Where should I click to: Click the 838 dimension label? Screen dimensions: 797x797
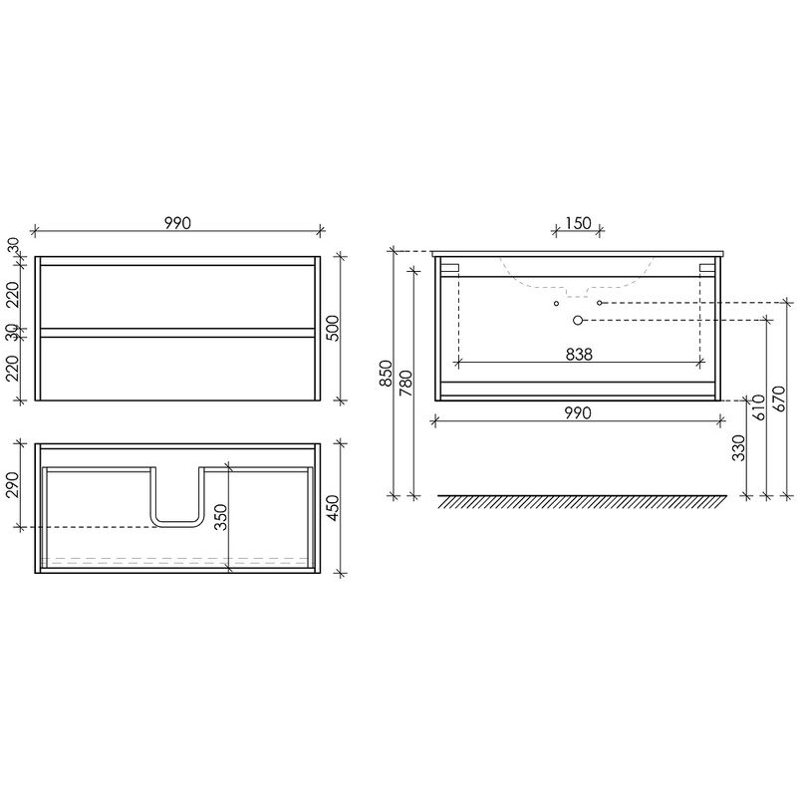579,355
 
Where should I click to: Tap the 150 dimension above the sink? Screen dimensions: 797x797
579,223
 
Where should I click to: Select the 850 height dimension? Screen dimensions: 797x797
387,373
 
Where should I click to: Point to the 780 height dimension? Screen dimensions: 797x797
406,384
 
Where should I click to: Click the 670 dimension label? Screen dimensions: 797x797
779,399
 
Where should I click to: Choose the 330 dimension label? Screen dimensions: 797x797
738,447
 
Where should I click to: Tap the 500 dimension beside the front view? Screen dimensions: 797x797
332,329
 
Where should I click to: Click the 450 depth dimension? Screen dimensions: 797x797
332,508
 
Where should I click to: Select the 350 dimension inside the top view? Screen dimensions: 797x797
220,517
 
